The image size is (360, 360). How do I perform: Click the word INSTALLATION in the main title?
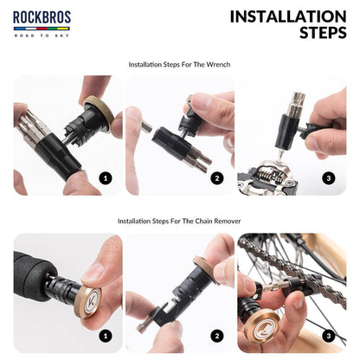287,16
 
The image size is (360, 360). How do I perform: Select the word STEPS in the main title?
322,34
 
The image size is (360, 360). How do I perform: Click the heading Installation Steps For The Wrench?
180,64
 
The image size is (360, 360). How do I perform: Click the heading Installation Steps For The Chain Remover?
180,221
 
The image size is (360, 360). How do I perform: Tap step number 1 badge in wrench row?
106,178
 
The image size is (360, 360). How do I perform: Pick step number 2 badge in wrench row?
217,178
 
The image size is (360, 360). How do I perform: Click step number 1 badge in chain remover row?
106,335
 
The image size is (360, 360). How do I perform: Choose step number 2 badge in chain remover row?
217,335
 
